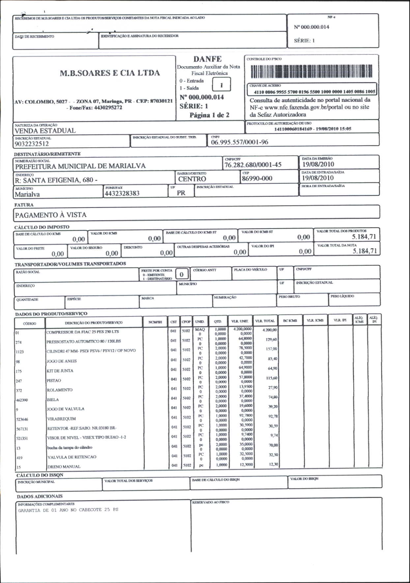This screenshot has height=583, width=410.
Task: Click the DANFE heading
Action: (x=207, y=59)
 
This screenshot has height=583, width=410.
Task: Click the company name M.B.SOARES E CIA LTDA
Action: (x=110, y=73)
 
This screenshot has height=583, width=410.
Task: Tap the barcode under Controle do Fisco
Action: (x=311, y=71)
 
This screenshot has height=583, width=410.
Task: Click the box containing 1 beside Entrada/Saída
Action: (x=221, y=85)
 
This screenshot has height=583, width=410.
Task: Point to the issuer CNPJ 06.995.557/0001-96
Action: (x=239, y=142)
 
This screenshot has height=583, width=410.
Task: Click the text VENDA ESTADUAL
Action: (x=45, y=131)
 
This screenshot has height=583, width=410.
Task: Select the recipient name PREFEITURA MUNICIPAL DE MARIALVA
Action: (x=80, y=166)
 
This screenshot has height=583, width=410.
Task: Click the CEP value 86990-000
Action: (x=257, y=179)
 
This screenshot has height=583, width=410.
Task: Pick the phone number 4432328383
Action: (x=122, y=193)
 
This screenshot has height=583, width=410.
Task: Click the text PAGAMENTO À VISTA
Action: (x=51, y=215)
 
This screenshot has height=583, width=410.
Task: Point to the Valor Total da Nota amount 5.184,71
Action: (x=365, y=251)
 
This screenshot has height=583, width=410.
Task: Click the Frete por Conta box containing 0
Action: (x=181, y=274)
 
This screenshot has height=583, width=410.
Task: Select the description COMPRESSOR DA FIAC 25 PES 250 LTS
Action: (x=83, y=332)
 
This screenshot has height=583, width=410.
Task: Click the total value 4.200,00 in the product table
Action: (x=270, y=330)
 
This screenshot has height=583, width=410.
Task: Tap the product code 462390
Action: (x=22, y=400)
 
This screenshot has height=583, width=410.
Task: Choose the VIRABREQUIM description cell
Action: (x=62, y=419)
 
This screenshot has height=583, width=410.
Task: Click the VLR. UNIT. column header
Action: (x=240, y=321)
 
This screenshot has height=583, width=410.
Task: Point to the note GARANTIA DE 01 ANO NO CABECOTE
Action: (x=68, y=510)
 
